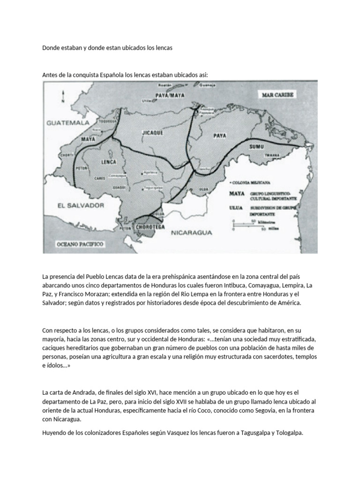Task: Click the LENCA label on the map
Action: [108, 162]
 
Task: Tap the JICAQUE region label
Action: [152, 133]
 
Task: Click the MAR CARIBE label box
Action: [277, 95]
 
